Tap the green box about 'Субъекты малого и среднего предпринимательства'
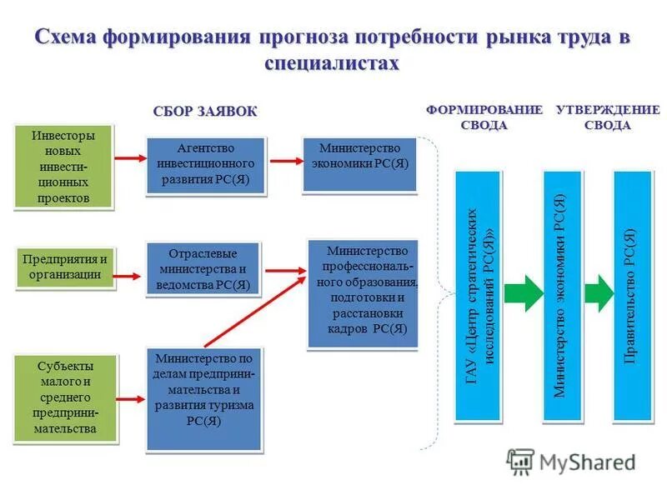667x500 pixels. click(x=66, y=397)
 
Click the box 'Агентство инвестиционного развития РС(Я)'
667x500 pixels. click(x=205, y=166)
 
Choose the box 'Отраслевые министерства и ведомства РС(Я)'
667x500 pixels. click(x=203, y=268)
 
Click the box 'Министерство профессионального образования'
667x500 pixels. click(x=362, y=292)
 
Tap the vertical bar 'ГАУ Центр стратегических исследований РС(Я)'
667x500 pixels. click(x=478, y=296)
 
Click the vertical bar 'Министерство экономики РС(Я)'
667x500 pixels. click(x=561, y=296)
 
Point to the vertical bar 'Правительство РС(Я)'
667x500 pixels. click(x=632, y=296)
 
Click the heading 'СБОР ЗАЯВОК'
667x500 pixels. click(x=205, y=112)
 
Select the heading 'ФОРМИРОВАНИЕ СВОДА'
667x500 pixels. click(x=484, y=117)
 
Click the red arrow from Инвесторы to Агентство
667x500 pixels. click(x=129, y=158)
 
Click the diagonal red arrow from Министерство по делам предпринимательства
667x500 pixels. click(x=254, y=311)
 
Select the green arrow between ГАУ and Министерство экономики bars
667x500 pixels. click(x=523, y=294)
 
